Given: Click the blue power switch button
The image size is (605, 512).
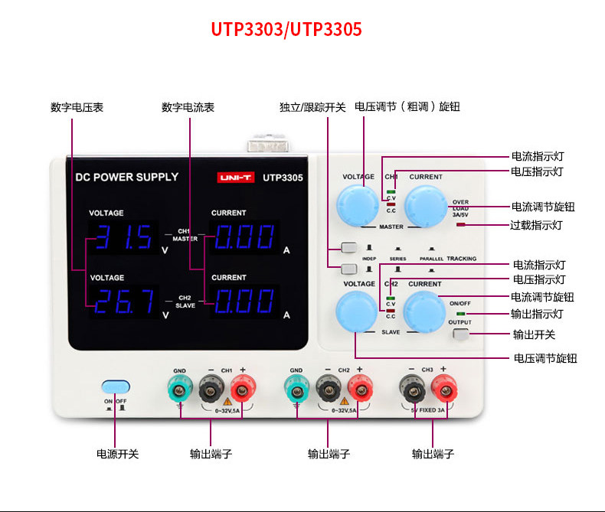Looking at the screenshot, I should point(116,387).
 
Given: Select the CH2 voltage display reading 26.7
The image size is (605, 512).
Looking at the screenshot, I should point(123,302).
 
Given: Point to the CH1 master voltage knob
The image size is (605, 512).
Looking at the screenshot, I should point(358,204).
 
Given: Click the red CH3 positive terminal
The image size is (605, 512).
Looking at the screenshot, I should point(443,391).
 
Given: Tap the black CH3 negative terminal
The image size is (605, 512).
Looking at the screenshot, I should point(413,391).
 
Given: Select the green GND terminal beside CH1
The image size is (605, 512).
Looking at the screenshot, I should point(179,391).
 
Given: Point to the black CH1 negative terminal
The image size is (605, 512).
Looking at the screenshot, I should point(210,391).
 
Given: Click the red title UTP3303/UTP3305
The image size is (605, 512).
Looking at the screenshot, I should point(286,30).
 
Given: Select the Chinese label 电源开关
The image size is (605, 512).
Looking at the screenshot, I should point(117,454).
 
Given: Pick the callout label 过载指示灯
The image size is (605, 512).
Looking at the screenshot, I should point(537,226).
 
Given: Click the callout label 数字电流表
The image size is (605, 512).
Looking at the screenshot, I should point(188,108).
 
